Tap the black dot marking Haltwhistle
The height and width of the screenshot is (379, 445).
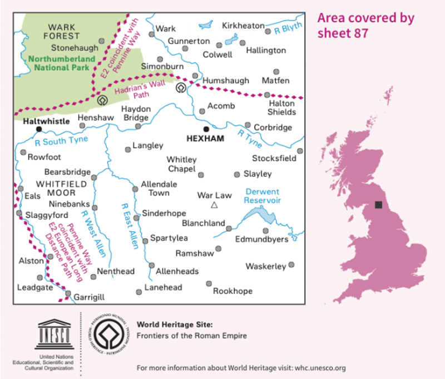tap(38, 129)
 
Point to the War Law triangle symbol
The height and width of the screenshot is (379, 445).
tap(214, 205)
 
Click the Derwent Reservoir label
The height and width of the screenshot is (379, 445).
tap(263, 196)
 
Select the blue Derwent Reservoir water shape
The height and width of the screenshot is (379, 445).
tap(258, 214)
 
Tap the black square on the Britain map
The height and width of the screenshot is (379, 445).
tap(378, 205)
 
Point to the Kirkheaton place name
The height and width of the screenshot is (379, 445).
tap(243, 26)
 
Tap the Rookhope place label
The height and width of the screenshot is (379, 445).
tap(233, 291)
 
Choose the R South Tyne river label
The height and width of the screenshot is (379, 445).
tap(61, 141)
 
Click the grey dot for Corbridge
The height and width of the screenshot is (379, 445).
tap(248, 125)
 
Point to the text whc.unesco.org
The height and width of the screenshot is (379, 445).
tap(314, 368)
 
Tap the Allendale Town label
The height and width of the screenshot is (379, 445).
tap(159, 188)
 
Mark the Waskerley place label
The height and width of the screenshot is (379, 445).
tap(265, 266)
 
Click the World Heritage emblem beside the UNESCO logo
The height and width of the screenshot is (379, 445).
tap(108, 336)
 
